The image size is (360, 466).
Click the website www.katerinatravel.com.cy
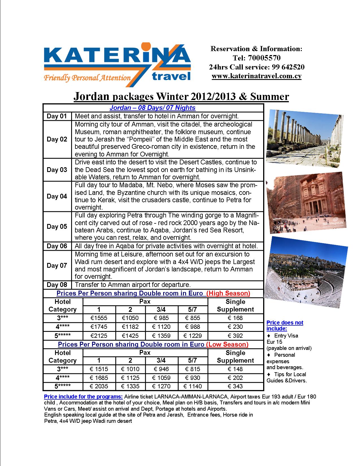point(256,76)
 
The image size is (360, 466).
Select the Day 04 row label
point(57,196)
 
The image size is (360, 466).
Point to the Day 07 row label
point(57,265)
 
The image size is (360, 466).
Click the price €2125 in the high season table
point(99,336)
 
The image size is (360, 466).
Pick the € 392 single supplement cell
point(235,336)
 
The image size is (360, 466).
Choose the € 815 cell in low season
point(193,369)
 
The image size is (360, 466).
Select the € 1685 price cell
point(99,378)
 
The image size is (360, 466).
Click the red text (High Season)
point(228,293)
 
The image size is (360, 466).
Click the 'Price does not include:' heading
point(285,326)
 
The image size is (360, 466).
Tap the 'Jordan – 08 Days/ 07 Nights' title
point(152,108)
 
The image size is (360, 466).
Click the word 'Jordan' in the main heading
point(91,97)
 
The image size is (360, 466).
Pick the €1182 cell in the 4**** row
point(130,327)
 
